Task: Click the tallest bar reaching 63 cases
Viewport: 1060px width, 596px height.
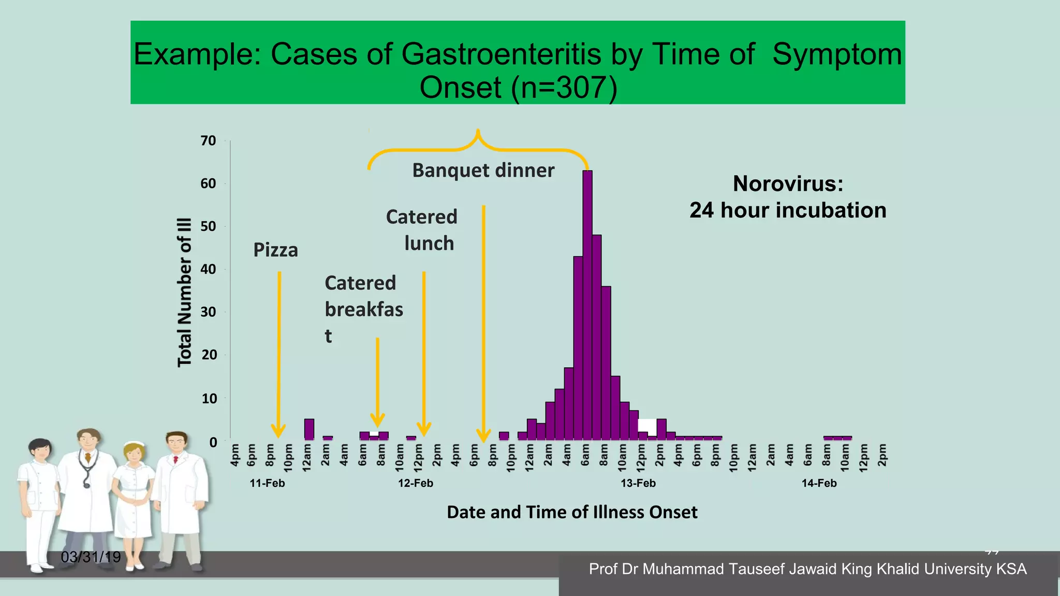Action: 587,305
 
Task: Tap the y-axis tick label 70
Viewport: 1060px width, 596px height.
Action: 209,141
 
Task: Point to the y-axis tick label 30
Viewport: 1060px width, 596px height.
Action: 209,312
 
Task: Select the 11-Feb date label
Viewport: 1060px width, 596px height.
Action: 267,483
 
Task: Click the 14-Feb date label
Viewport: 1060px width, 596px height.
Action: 819,483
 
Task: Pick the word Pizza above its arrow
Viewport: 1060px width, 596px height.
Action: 275,250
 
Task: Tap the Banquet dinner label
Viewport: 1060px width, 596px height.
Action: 483,171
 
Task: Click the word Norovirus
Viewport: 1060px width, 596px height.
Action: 788,184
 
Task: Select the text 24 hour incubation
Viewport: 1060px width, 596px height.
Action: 788,211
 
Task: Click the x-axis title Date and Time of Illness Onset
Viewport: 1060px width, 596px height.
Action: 572,512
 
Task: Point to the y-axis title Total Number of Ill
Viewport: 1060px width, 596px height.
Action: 185,292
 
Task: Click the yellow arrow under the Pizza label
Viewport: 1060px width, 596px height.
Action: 279,352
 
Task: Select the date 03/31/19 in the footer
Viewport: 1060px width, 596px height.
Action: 91,557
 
